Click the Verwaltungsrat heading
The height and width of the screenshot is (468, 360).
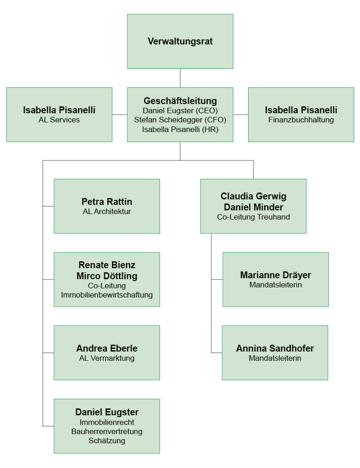coord(180,41)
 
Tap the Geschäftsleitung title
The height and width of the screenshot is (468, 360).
coord(180,101)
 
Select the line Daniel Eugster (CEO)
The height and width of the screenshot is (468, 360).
coord(180,110)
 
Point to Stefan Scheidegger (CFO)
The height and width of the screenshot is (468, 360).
coord(180,120)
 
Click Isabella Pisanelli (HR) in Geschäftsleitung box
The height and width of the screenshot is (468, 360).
coord(180,129)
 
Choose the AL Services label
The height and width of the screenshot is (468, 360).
coord(59,120)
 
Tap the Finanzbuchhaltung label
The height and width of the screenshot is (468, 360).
coord(301,120)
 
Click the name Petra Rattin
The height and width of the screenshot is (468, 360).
coord(107,202)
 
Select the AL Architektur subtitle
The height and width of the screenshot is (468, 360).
coord(107,211)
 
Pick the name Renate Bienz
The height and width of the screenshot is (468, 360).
coord(107,265)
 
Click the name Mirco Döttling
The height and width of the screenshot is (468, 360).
coord(107,276)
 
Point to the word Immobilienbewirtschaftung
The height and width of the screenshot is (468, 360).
coord(107,295)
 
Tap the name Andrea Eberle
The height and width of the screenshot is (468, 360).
coord(107,348)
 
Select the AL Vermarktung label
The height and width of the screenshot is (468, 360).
coord(107,358)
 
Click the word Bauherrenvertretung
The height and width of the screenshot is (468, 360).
coord(107,431)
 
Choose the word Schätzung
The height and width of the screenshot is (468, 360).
coord(107,440)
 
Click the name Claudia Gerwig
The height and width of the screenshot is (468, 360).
coord(254,196)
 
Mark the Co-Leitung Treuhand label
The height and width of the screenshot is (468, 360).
coord(254,217)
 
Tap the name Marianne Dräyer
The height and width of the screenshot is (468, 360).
coord(276,275)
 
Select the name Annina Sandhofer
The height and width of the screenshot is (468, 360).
coord(275,348)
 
